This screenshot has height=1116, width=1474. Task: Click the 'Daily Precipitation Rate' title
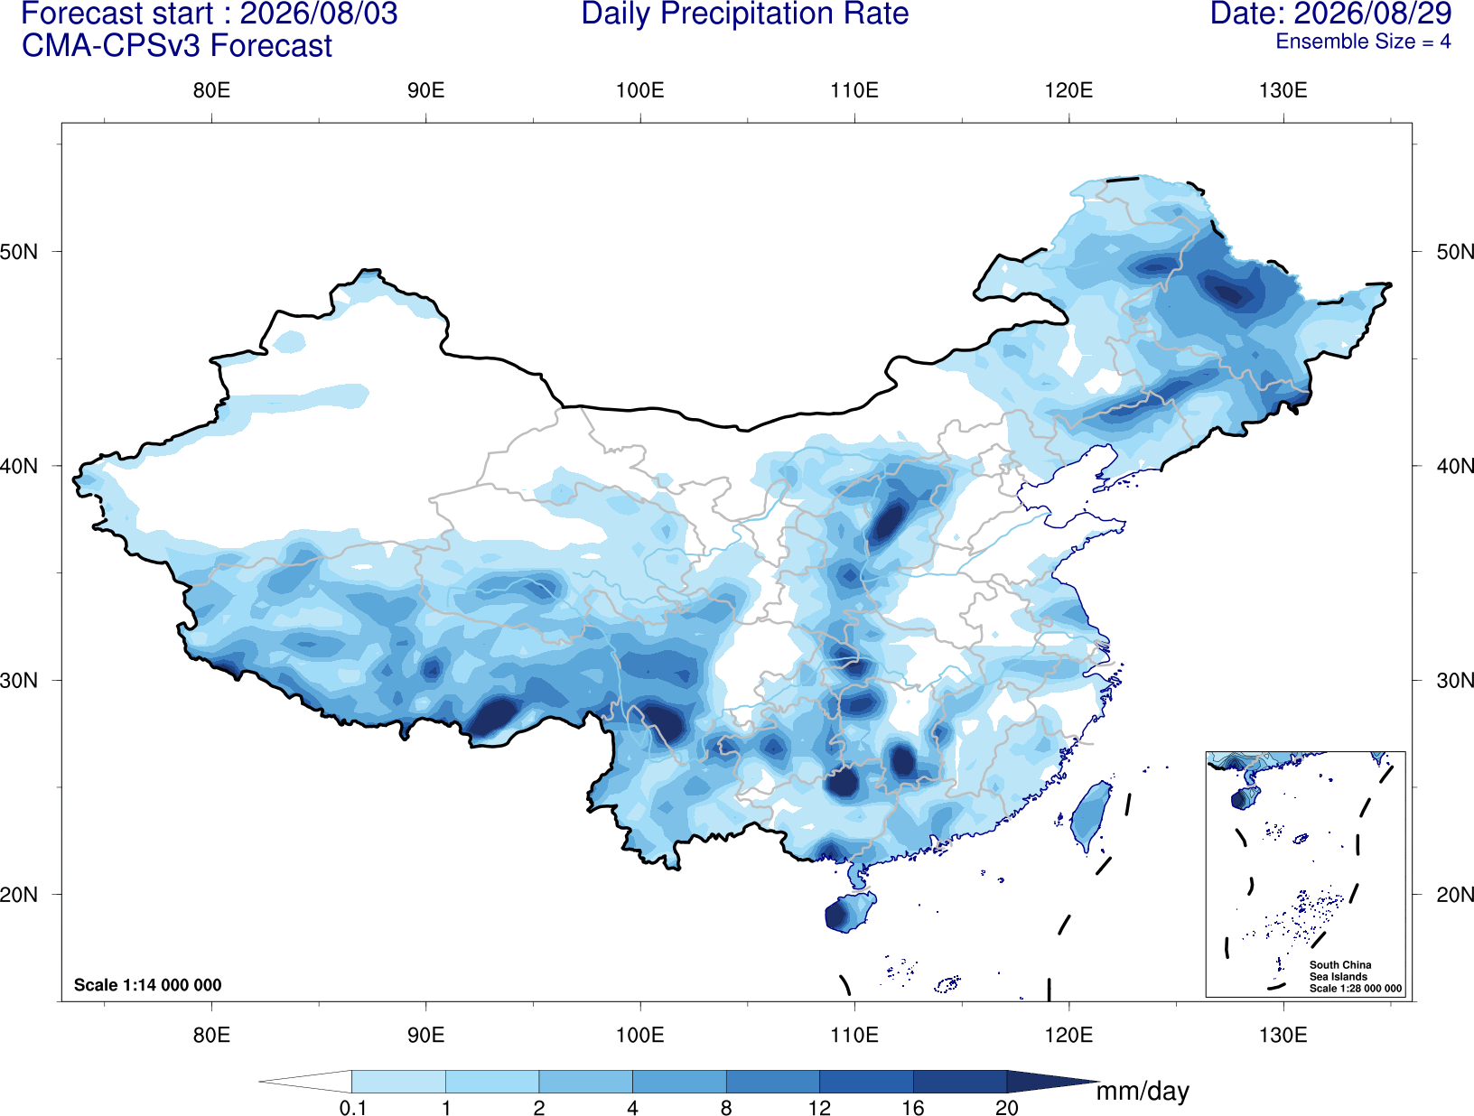745,14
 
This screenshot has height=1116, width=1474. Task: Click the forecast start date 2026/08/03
319,14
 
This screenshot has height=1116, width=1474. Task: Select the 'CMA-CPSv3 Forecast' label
177,46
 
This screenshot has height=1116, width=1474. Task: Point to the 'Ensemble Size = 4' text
1363,42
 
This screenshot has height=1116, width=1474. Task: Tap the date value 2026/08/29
1373,14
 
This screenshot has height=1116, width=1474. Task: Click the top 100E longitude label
640,90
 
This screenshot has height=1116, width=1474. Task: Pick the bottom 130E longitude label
1283,1035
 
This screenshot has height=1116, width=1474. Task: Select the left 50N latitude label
19,252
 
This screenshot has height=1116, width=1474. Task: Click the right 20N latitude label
1454,894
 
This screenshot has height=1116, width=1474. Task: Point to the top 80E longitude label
211,90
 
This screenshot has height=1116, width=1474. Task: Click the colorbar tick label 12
819,1107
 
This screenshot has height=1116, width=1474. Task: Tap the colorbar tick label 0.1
352,1107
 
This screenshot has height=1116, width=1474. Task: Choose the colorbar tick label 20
1007,1107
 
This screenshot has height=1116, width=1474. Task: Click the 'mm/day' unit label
1143,1092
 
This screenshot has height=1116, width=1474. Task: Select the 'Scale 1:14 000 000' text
148,984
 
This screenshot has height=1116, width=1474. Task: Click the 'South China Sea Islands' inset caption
1340,971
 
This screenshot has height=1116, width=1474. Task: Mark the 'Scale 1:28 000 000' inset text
1356,989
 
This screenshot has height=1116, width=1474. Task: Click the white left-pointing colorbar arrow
305,1081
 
